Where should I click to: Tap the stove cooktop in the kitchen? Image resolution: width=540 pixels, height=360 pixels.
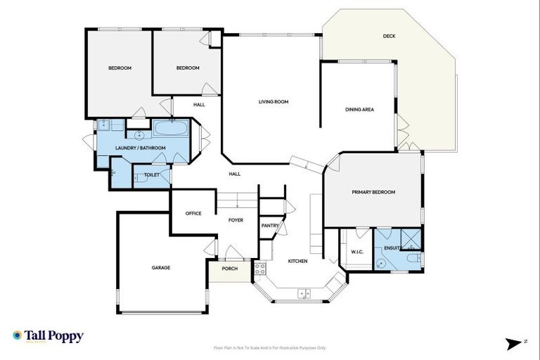(259, 268)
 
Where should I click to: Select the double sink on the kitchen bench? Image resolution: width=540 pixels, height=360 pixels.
(304, 293)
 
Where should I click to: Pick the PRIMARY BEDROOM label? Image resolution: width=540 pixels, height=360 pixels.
(373, 192)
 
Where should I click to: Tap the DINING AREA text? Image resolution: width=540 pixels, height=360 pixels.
(359, 109)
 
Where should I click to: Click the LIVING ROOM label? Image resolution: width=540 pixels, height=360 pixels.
(274, 102)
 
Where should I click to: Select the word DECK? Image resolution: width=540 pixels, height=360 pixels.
(389, 37)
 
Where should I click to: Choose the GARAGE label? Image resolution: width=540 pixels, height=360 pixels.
(161, 267)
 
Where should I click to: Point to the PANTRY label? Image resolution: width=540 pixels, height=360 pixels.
(269, 226)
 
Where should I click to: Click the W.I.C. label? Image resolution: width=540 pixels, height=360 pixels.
(356, 251)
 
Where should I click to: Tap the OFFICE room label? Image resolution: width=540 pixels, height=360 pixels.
(193, 213)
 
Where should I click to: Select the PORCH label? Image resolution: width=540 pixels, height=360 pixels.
(230, 268)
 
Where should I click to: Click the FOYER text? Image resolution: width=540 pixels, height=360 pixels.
(236, 220)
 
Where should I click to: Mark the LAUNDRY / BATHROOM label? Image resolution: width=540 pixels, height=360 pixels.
(141, 148)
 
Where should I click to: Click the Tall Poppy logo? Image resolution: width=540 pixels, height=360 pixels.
(48, 336)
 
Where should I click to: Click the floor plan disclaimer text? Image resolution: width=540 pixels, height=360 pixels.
(270, 347)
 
